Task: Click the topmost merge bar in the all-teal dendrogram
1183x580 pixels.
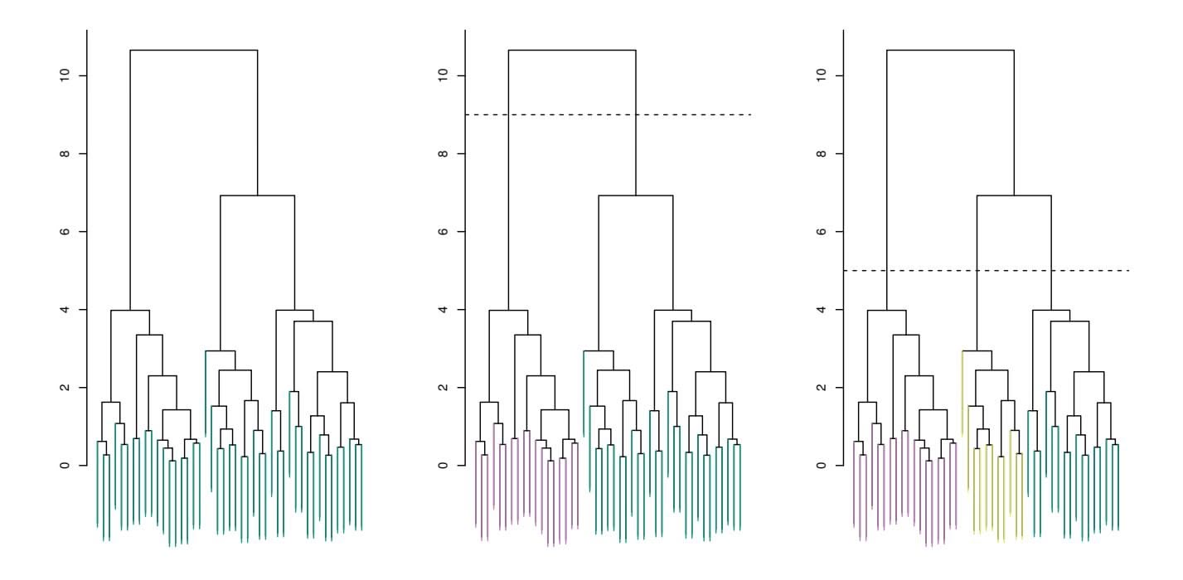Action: coord(194,51)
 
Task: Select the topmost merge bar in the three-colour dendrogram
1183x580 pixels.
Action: coord(950,51)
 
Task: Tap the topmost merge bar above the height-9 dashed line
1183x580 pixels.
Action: coord(572,51)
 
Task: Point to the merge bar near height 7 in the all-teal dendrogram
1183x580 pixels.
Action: coord(258,196)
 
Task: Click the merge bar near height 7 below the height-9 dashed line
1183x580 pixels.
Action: coord(636,196)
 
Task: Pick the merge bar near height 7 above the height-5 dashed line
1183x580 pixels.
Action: coord(1014,196)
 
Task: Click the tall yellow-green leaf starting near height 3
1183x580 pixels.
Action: coord(962,389)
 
